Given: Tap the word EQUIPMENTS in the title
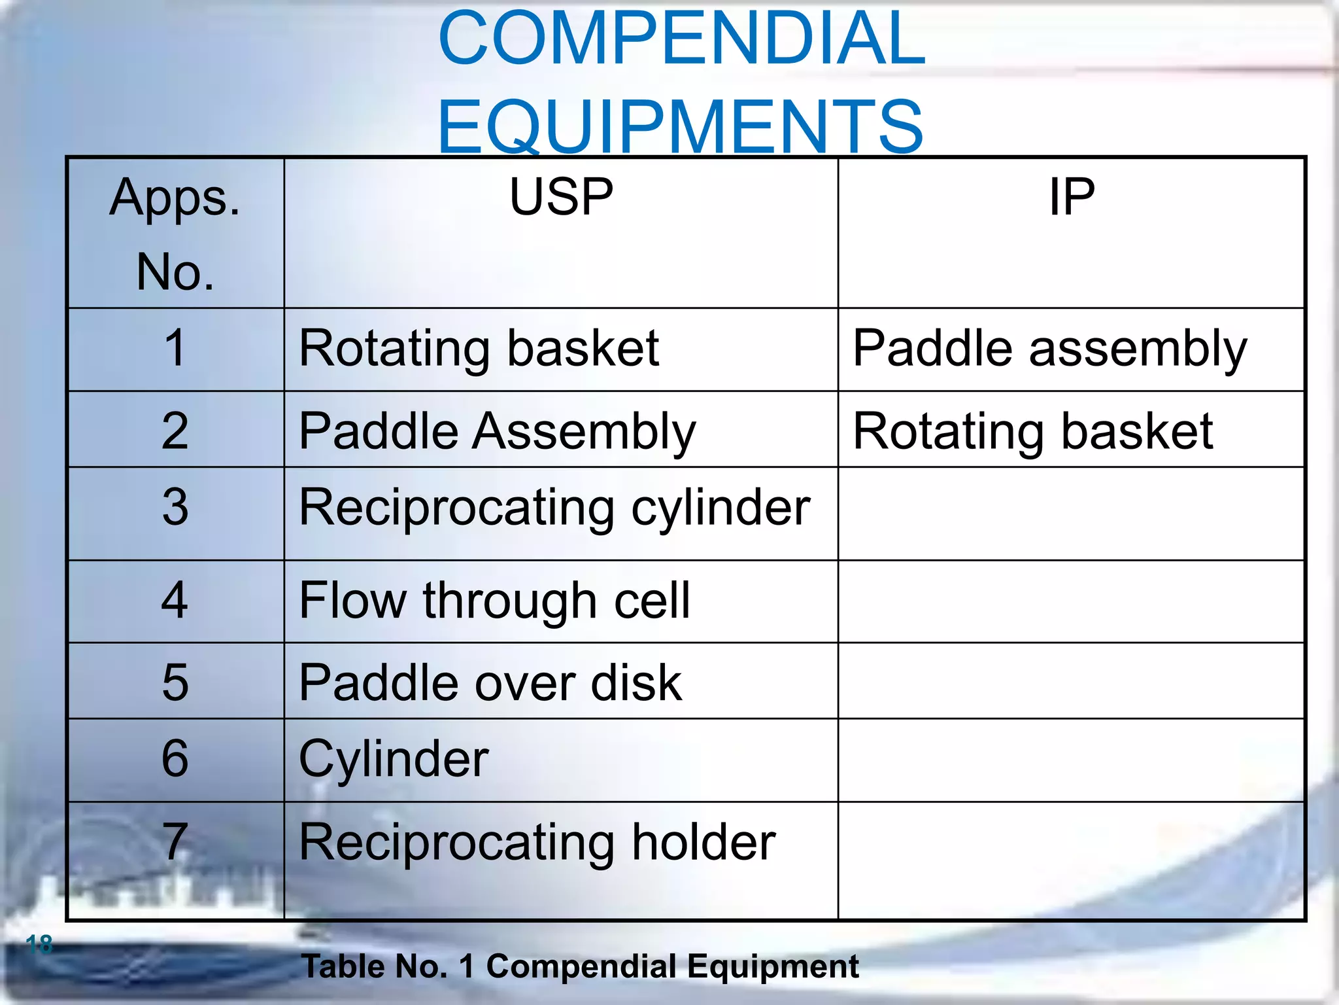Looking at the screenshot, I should point(680,126).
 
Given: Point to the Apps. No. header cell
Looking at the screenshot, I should point(175,234).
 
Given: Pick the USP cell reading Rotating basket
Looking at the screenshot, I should point(479,348).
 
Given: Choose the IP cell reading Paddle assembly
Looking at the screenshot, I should point(1050,348).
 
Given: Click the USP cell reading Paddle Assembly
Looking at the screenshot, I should point(497,431).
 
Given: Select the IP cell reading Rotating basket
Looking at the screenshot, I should point(1033,431).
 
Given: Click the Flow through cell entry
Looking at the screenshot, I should point(494,600).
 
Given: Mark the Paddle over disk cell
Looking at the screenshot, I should point(490,682).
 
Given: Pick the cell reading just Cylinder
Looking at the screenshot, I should point(394,758).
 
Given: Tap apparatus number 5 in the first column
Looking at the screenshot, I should point(175,682).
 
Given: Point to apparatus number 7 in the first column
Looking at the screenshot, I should point(175,842).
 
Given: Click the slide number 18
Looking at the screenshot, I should point(39,944).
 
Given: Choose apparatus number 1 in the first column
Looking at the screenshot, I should point(175,348).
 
